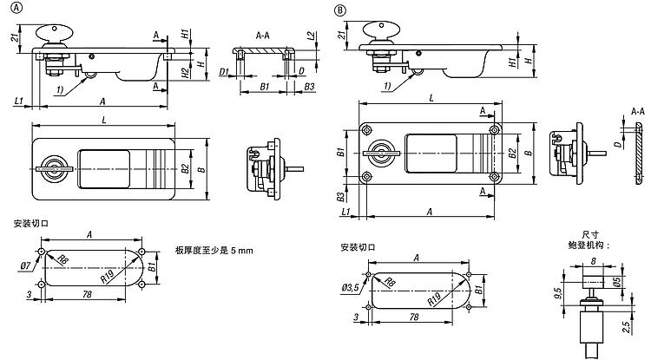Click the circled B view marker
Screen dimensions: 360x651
click(340, 9)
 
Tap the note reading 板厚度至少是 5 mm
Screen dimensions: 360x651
click(213, 250)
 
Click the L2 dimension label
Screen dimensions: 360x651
click(311, 36)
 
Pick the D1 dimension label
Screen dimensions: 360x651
click(224, 71)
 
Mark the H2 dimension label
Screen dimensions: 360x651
click(185, 73)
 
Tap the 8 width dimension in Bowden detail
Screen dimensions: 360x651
click(594, 260)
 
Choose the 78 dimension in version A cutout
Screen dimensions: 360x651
click(86, 295)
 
